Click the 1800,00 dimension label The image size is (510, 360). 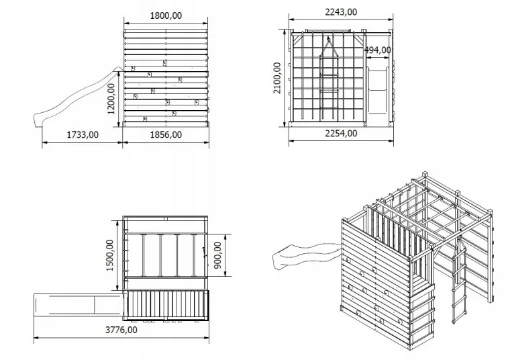click(x=166, y=15)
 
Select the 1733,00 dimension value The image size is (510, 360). click(x=83, y=134)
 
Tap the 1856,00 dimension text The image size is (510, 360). click(x=166, y=134)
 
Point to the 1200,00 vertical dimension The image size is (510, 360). click(x=111, y=99)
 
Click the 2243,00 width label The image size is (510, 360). click(x=341, y=12)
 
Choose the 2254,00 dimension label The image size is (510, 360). click(x=341, y=133)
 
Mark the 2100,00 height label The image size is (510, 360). click(x=276, y=78)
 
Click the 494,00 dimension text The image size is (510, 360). click(x=378, y=50)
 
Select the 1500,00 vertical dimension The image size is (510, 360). click(x=109, y=255)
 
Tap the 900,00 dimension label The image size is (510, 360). click(x=217, y=255)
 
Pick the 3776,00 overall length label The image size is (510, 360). click(x=121, y=330)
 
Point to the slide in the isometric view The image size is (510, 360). click(x=306, y=255)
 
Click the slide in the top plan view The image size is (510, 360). click(x=78, y=305)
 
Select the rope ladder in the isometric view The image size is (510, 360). click(x=459, y=280)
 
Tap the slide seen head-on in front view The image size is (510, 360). click(x=378, y=90)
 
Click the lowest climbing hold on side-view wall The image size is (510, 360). click(x=145, y=119)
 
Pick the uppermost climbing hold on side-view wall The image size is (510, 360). click(x=165, y=63)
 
